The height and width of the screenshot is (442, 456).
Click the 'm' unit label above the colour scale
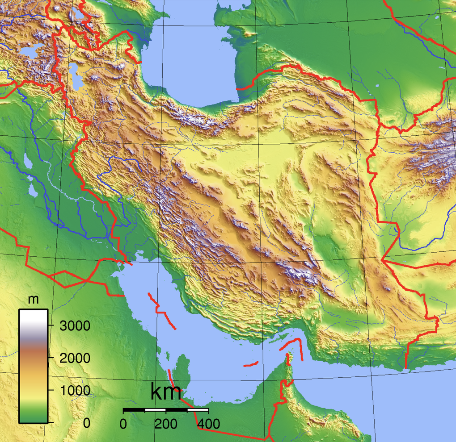(33, 300)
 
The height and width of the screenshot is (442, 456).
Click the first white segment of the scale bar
(155, 409)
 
